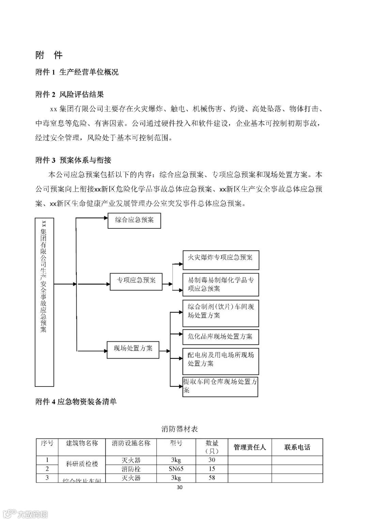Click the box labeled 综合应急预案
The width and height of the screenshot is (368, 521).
point(134,221)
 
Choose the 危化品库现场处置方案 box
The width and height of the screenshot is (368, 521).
point(220,337)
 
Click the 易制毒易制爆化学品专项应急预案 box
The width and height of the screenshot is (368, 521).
point(220,284)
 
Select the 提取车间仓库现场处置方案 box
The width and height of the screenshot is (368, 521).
point(220,386)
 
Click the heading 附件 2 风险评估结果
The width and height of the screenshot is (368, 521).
point(70,95)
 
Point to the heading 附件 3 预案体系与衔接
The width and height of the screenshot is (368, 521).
point(73,160)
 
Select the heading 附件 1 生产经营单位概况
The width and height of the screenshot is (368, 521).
point(77,72)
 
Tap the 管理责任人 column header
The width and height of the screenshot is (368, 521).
point(249,447)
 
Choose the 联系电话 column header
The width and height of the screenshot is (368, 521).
point(297,447)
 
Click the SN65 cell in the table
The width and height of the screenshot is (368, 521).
point(176,469)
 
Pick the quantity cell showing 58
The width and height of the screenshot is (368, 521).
point(212,478)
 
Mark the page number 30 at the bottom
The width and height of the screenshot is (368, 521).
point(180,488)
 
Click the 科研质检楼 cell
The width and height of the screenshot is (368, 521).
point(82,464)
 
